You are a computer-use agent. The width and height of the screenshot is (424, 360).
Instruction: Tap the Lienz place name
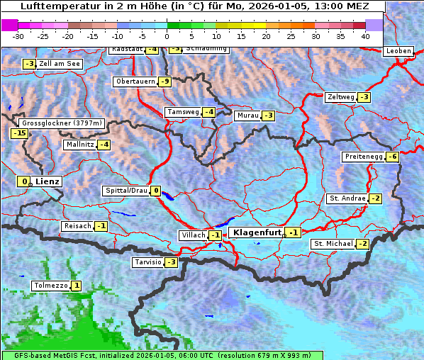[48, 181]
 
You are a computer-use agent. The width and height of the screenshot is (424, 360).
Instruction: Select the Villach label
[193, 235]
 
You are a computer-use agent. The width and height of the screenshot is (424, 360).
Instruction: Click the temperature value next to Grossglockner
[19, 133]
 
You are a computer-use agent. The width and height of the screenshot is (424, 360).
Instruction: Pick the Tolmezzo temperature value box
[77, 286]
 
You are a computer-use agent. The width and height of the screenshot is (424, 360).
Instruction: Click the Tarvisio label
[147, 262]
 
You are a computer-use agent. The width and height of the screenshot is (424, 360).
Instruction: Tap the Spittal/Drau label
[125, 191]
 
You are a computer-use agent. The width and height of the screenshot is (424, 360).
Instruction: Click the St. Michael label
[333, 244]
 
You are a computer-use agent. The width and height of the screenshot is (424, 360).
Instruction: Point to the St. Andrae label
[347, 198]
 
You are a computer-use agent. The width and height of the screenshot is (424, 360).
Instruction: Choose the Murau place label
[247, 116]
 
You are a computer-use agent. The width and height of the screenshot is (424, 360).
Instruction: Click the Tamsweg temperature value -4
[208, 112]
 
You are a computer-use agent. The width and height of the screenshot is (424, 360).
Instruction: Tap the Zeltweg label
[340, 97]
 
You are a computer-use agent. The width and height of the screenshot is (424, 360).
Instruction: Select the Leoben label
[397, 51]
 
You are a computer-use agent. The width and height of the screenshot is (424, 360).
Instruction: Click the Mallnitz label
[79, 145]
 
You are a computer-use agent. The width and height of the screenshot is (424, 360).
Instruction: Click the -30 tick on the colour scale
[19, 36]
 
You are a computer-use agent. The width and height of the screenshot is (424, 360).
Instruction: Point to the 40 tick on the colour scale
[365, 36]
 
